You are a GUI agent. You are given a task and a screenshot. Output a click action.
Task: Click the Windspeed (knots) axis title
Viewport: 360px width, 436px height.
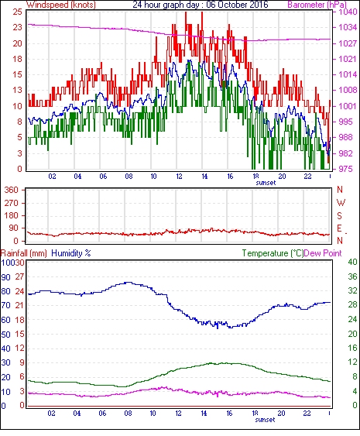coord(61,5)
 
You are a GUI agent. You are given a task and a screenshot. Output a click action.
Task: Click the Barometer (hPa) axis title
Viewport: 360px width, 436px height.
coord(317,5)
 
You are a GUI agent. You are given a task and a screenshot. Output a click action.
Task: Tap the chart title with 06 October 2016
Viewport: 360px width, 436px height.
coord(201,5)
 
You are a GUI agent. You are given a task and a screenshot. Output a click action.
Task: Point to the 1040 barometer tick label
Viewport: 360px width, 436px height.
coord(348,12)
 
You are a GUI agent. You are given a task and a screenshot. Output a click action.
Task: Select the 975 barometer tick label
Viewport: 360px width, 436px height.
coord(346,169)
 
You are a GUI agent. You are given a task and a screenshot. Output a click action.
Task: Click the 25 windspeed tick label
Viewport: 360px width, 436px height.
coord(17,12)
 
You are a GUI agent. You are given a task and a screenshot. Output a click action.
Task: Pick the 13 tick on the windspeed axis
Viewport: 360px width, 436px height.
coord(17,90)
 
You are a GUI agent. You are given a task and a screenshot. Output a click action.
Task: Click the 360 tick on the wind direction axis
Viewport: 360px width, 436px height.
coord(11,191)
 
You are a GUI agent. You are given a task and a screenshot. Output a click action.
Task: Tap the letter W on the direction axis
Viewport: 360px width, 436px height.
coord(341,203)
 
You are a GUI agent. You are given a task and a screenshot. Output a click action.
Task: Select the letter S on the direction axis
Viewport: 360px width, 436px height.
coord(339,216)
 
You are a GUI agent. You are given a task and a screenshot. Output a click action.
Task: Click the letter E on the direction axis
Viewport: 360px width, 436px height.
coord(339,228)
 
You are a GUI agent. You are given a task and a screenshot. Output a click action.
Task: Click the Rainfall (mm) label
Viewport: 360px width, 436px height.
coord(24,253)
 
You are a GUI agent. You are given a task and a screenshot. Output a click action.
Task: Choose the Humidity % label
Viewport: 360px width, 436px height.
coord(71,253)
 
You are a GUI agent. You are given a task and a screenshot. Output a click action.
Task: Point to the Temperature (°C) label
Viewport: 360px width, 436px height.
coord(273,253)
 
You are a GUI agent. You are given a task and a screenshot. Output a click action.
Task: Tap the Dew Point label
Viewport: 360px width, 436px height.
coord(323,253)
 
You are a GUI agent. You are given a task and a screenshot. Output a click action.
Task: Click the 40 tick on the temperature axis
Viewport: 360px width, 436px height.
coord(352,262)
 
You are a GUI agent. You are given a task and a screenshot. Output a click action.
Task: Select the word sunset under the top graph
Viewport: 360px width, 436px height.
coord(266,183)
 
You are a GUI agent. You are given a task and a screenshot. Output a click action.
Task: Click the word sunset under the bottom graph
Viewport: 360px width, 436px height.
coord(265,420)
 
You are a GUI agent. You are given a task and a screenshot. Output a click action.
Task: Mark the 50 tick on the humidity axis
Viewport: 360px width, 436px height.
coord(6,335)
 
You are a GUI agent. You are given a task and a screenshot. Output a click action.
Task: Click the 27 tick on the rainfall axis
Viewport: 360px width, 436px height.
coord(19,277)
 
